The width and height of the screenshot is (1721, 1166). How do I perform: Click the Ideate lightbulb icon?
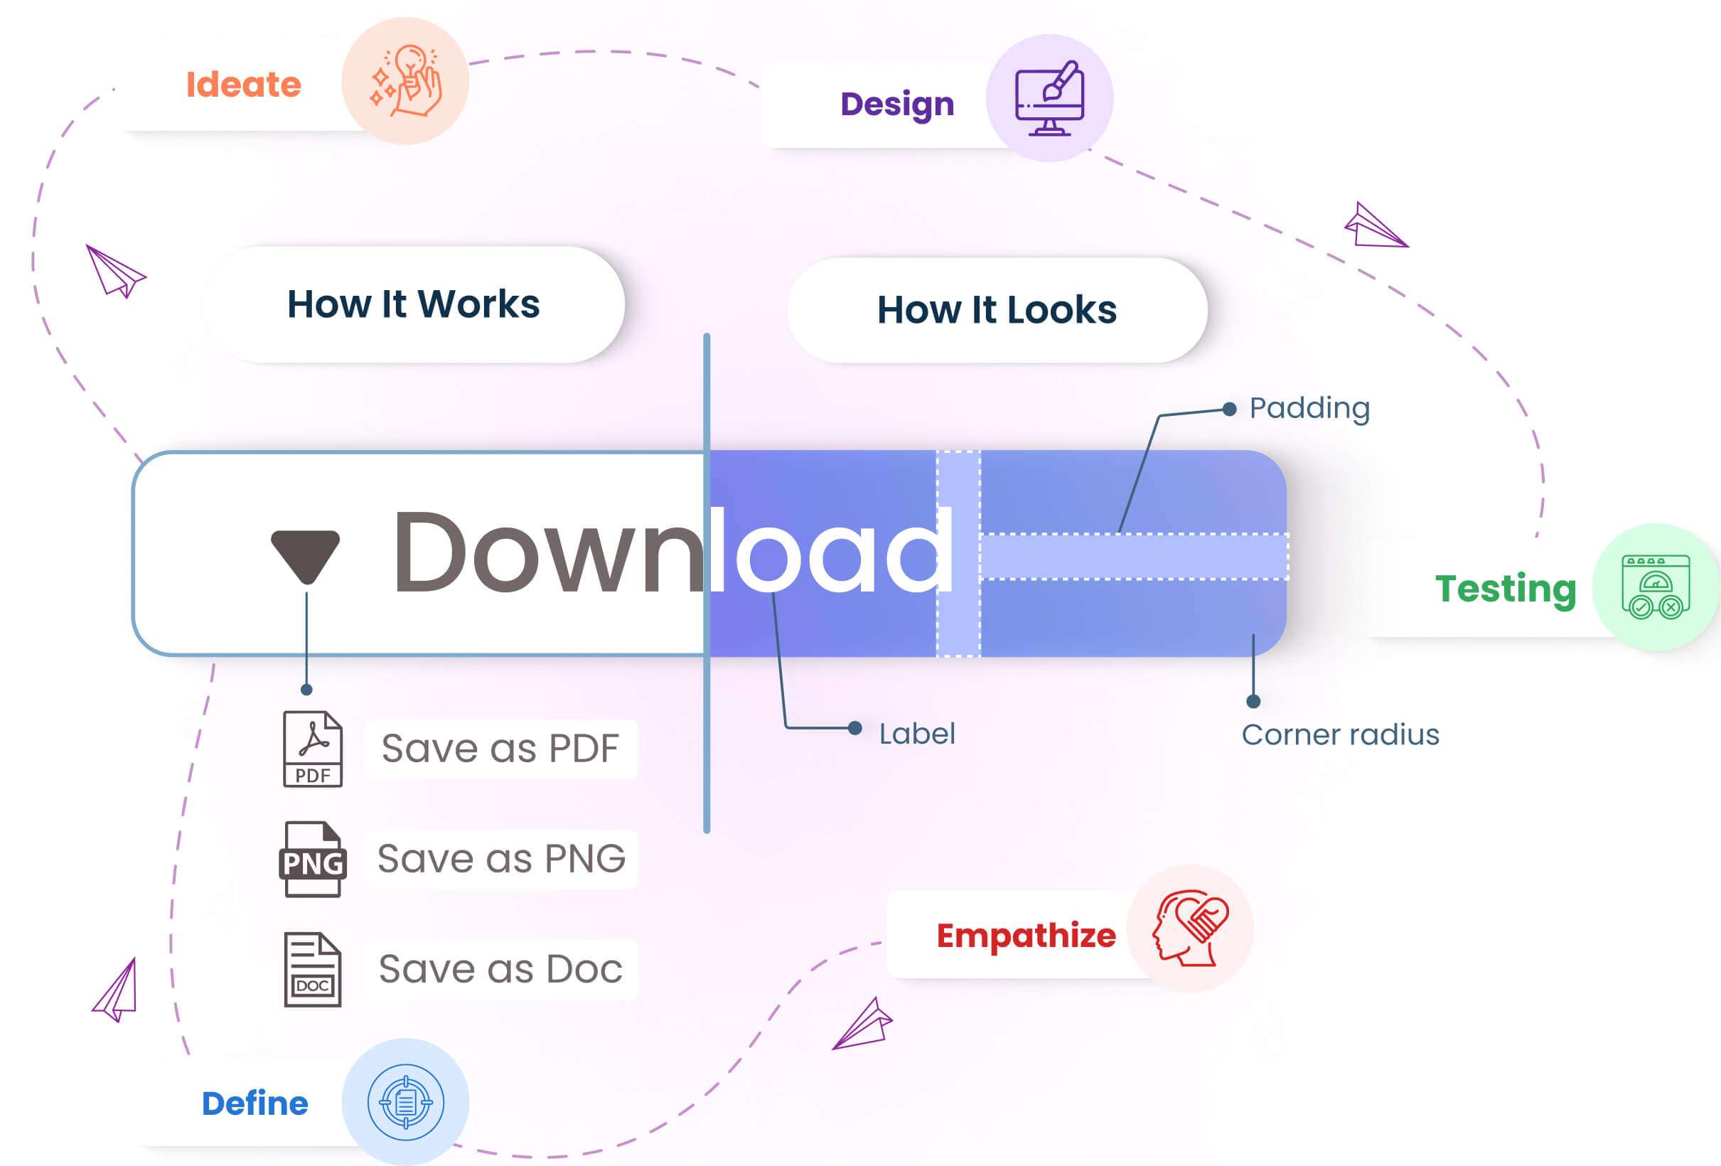pos(406,81)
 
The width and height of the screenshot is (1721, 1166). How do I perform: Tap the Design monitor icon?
pos(1049,98)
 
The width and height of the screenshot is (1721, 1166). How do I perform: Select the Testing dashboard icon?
pos(1656,587)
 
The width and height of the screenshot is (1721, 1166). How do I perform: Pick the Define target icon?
pos(406,1102)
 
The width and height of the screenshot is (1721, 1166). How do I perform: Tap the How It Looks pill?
pos(997,310)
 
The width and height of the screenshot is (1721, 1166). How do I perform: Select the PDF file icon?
pos(313,749)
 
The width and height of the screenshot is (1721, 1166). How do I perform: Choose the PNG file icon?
pos(313,860)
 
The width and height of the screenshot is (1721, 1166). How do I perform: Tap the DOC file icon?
pos(313,969)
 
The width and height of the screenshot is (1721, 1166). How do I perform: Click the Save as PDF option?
pos(500,749)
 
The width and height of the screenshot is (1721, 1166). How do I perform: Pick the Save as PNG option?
pos(501,860)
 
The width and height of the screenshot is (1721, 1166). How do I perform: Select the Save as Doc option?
pos(501,970)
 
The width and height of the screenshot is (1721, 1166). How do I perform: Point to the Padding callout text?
pos(1309,409)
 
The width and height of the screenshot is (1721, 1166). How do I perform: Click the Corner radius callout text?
pos(1341,735)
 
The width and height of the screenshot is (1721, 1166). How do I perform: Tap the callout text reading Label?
pos(917,734)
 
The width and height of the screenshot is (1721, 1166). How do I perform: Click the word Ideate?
pos(244,85)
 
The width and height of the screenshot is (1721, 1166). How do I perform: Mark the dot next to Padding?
pos(1229,409)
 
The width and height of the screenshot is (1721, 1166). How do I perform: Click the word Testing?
pos(1506,589)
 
